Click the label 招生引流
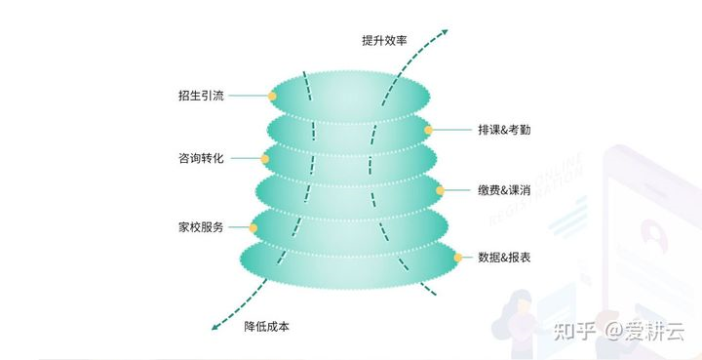pos(201,96)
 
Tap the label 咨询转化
pos(201,158)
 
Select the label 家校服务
pos(201,226)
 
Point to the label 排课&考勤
pos(504,129)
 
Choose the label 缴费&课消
pos(503,189)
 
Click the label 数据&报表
pos(504,258)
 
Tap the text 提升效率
pos(383,40)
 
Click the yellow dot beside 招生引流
pos(272,96)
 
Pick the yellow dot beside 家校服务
pos(253,227)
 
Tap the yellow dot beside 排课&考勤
pos(428,129)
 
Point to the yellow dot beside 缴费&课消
pos(440,190)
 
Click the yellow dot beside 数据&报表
pos(457,258)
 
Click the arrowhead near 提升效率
pos(446,31)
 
